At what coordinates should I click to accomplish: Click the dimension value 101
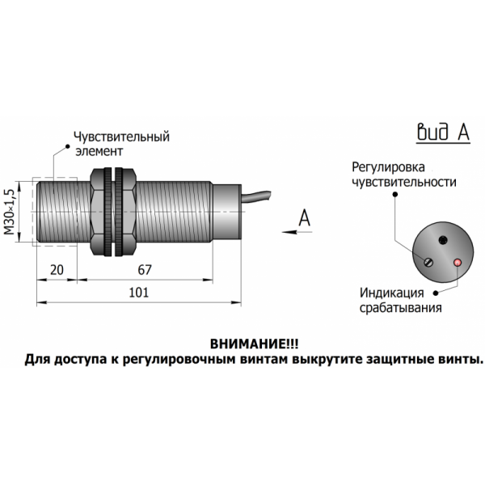tap(139, 295)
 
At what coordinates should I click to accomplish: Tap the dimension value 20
tap(57, 270)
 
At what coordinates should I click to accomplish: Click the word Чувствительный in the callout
tap(121, 137)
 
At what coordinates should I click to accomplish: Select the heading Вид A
tap(442, 134)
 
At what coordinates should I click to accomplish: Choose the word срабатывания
tap(401, 307)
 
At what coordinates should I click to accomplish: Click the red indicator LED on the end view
tap(457, 262)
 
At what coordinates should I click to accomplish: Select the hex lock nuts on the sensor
tap(114, 213)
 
